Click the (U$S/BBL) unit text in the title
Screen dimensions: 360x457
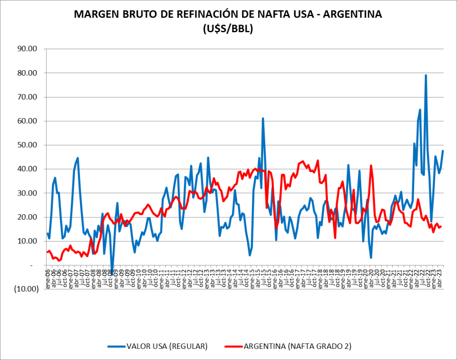point(228,29)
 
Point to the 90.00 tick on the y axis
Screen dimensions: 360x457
point(26,49)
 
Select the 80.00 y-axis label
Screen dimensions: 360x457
point(26,73)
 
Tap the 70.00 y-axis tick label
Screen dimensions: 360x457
point(26,97)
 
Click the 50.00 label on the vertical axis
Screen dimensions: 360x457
point(26,145)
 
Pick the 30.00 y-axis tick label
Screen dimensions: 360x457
point(26,193)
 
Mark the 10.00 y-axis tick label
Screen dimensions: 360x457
point(26,241)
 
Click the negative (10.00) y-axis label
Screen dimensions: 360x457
point(25,289)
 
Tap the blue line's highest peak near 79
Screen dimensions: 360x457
point(426,75)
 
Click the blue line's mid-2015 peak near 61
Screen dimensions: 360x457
point(263,119)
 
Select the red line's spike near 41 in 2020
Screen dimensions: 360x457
point(371,165)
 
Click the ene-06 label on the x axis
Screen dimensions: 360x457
point(48,281)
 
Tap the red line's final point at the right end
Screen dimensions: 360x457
point(441,226)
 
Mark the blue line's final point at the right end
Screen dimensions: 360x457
point(443,151)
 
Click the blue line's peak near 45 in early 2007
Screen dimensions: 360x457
point(78,158)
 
